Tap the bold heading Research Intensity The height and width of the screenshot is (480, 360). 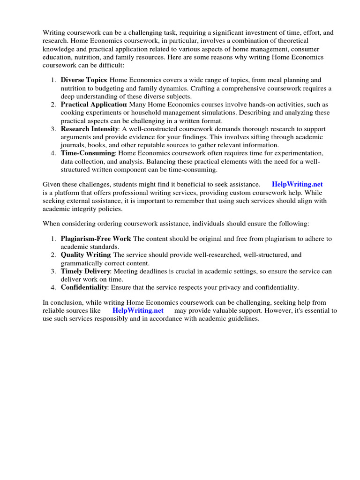point(89,129)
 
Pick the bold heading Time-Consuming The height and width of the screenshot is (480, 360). point(88,153)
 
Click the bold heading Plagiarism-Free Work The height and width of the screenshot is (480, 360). point(96,239)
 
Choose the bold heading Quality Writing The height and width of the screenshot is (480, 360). point(85,255)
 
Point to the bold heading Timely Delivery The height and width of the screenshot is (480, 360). point(85,271)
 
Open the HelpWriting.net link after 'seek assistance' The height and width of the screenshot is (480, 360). point(297,185)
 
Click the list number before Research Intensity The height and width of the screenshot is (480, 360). point(53,129)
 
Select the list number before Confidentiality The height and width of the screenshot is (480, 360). point(53,287)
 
